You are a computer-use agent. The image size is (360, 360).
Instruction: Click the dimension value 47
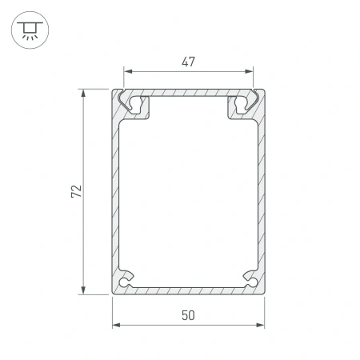pos(188,62)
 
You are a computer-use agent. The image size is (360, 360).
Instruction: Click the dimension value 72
pos(75,191)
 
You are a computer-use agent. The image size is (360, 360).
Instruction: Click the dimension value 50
pos(188,314)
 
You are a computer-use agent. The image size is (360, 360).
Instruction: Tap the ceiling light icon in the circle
pos(30,30)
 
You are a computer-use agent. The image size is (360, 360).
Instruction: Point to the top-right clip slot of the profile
pos(242,103)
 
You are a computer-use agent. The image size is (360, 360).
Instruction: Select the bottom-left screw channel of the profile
pos(125,282)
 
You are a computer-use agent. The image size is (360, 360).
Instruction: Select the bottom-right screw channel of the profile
pos(250,282)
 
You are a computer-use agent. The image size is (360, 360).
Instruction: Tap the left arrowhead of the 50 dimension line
pos(114,325)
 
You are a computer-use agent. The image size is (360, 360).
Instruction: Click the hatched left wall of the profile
pos(114,192)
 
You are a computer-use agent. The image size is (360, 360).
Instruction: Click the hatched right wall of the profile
pos(261,192)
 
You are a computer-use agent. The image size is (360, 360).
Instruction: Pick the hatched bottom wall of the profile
pos(188,290)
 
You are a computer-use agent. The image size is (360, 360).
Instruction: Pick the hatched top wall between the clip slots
pos(188,93)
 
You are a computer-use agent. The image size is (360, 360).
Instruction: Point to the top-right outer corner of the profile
pos(264,90)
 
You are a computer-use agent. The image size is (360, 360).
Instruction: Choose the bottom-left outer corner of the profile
pos(112,294)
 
